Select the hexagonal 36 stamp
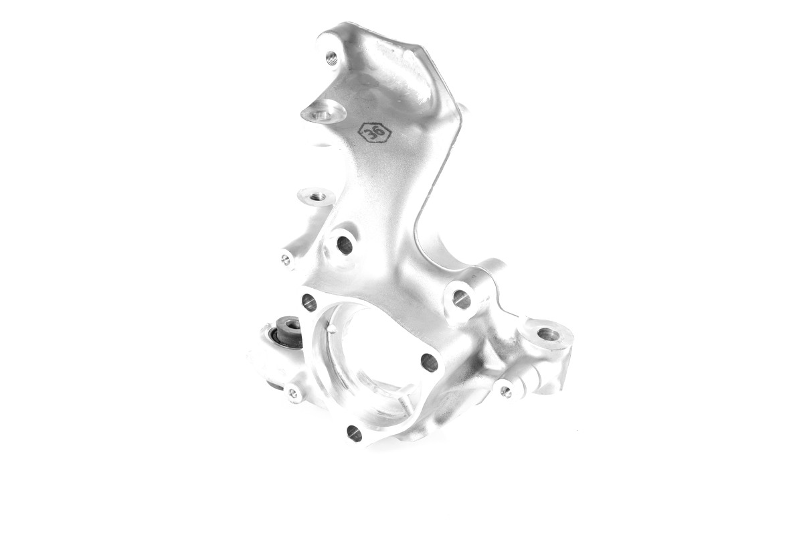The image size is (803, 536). tap(375, 132)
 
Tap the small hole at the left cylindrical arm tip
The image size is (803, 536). tap(286, 260)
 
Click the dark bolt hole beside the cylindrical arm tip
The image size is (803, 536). tap(345, 245)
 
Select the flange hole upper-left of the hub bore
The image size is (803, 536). tap(309, 302)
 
